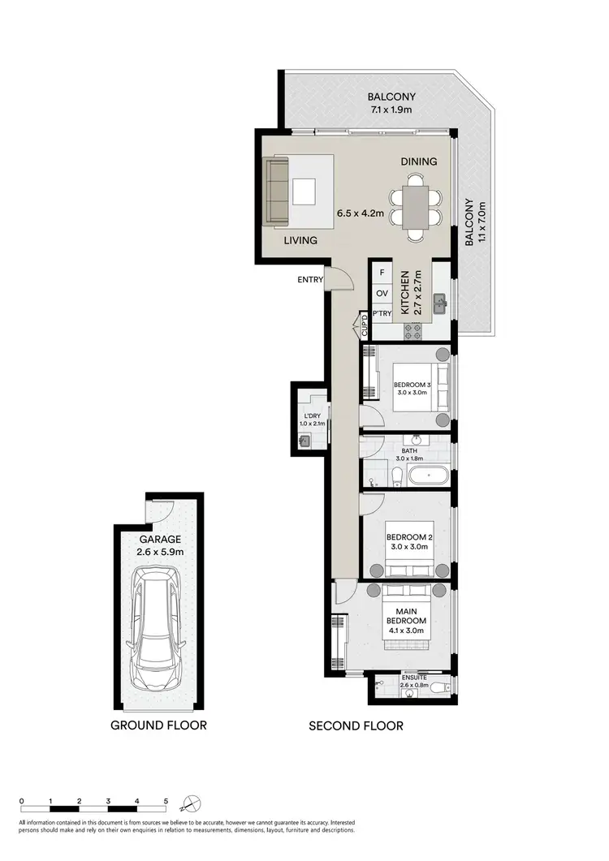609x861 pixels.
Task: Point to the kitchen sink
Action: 440,304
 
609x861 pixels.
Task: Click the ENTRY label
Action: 310,280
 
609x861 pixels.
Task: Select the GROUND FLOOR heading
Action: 159,725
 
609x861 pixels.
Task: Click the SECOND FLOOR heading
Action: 356,725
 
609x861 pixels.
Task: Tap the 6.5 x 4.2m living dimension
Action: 363,215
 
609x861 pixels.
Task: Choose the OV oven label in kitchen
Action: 382,293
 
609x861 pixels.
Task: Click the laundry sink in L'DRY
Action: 304,441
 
